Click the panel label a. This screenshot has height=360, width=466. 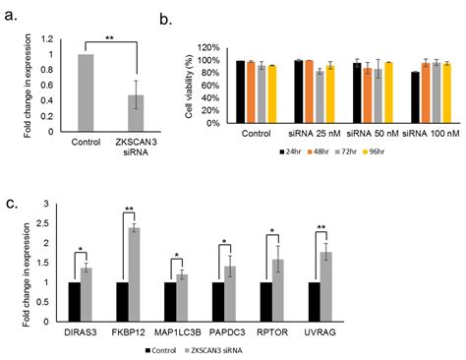(x=13, y=15)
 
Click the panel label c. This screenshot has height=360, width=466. (x=12, y=203)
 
